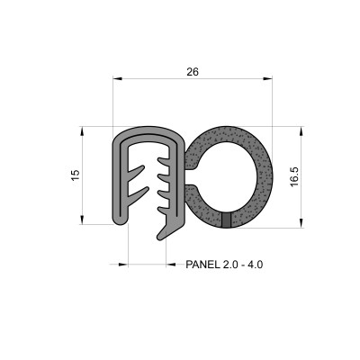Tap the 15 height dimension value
[x=76, y=174]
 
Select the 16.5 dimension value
[x=293, y=175]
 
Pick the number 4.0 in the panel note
[x=261, y=265]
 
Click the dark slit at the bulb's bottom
[x=225, y=219]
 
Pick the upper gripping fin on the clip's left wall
[x=135, y=169]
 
